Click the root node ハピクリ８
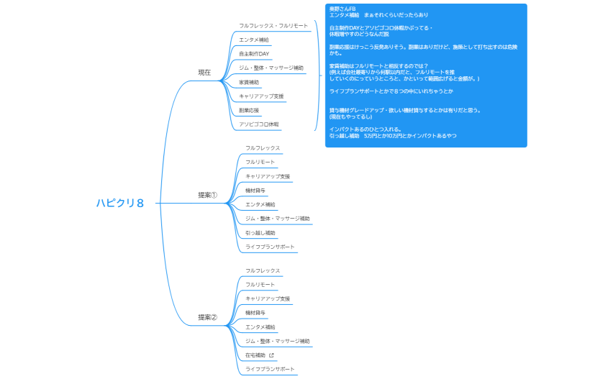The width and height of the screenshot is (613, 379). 120,203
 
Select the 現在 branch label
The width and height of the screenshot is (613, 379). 204,72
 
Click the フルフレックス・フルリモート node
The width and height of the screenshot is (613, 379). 273,26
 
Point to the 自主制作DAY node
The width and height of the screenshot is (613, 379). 254,54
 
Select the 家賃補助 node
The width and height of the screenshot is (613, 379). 249,82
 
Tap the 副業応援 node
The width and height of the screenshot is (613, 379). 249,110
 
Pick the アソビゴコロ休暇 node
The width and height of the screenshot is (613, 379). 259,124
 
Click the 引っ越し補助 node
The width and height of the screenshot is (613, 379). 260,233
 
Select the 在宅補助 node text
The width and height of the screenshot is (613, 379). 255,355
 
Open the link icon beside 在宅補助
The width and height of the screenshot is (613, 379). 271,355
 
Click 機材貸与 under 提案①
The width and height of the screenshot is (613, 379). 255,191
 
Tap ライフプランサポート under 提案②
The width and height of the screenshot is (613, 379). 270,369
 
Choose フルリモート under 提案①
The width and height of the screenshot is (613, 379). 260,163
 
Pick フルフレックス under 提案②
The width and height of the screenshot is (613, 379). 263,271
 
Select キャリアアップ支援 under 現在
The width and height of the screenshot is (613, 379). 261,96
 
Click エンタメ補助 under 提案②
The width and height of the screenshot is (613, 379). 260,327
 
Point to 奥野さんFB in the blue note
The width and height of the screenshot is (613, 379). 342,9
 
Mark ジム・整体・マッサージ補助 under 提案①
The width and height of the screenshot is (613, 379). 278,219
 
